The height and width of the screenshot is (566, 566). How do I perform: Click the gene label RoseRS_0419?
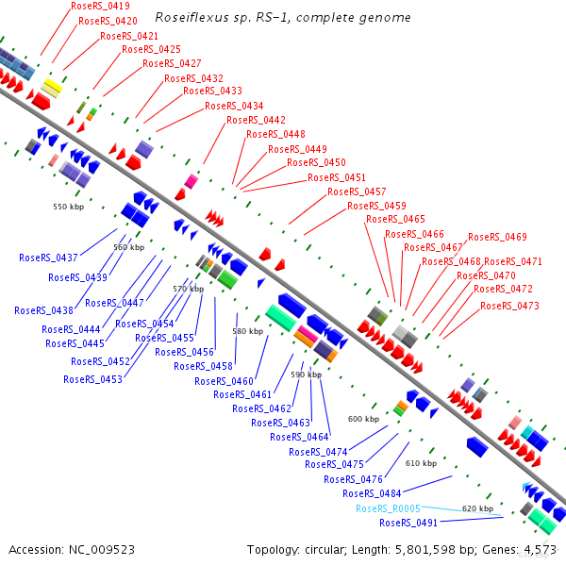(x=100, y=6)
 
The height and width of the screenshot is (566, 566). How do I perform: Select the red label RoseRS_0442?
(x=256, y=120)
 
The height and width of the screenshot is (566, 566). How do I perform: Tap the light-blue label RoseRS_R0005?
(x=388, y=508)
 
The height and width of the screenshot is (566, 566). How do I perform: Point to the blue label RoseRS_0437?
(x=48, y=258)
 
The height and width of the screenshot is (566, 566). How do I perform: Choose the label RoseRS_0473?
(x=509, y=306)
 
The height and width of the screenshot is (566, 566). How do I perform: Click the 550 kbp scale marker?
(x=69, y=207)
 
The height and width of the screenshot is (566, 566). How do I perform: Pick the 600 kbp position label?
(x=363, y=419)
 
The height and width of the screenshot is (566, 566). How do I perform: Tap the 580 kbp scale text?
(x=248, y=331)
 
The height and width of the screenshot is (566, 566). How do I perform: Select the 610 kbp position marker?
(x=422, y=463)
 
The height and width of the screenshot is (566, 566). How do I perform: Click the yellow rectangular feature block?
(x=52, y=88)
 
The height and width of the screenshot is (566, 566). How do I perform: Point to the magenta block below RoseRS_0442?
(x=191, y=181)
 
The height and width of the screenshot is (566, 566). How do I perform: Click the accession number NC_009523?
(x=102, y=550)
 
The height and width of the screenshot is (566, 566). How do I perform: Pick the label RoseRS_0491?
(x=408, y=523)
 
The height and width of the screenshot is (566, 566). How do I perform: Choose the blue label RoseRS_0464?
(x=299, y=437)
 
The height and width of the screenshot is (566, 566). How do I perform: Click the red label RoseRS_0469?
(x=497, y=237)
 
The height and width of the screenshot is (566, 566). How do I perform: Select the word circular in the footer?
(x=325, y=550)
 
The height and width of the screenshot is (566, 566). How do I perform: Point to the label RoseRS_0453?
(x=92, y=379)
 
